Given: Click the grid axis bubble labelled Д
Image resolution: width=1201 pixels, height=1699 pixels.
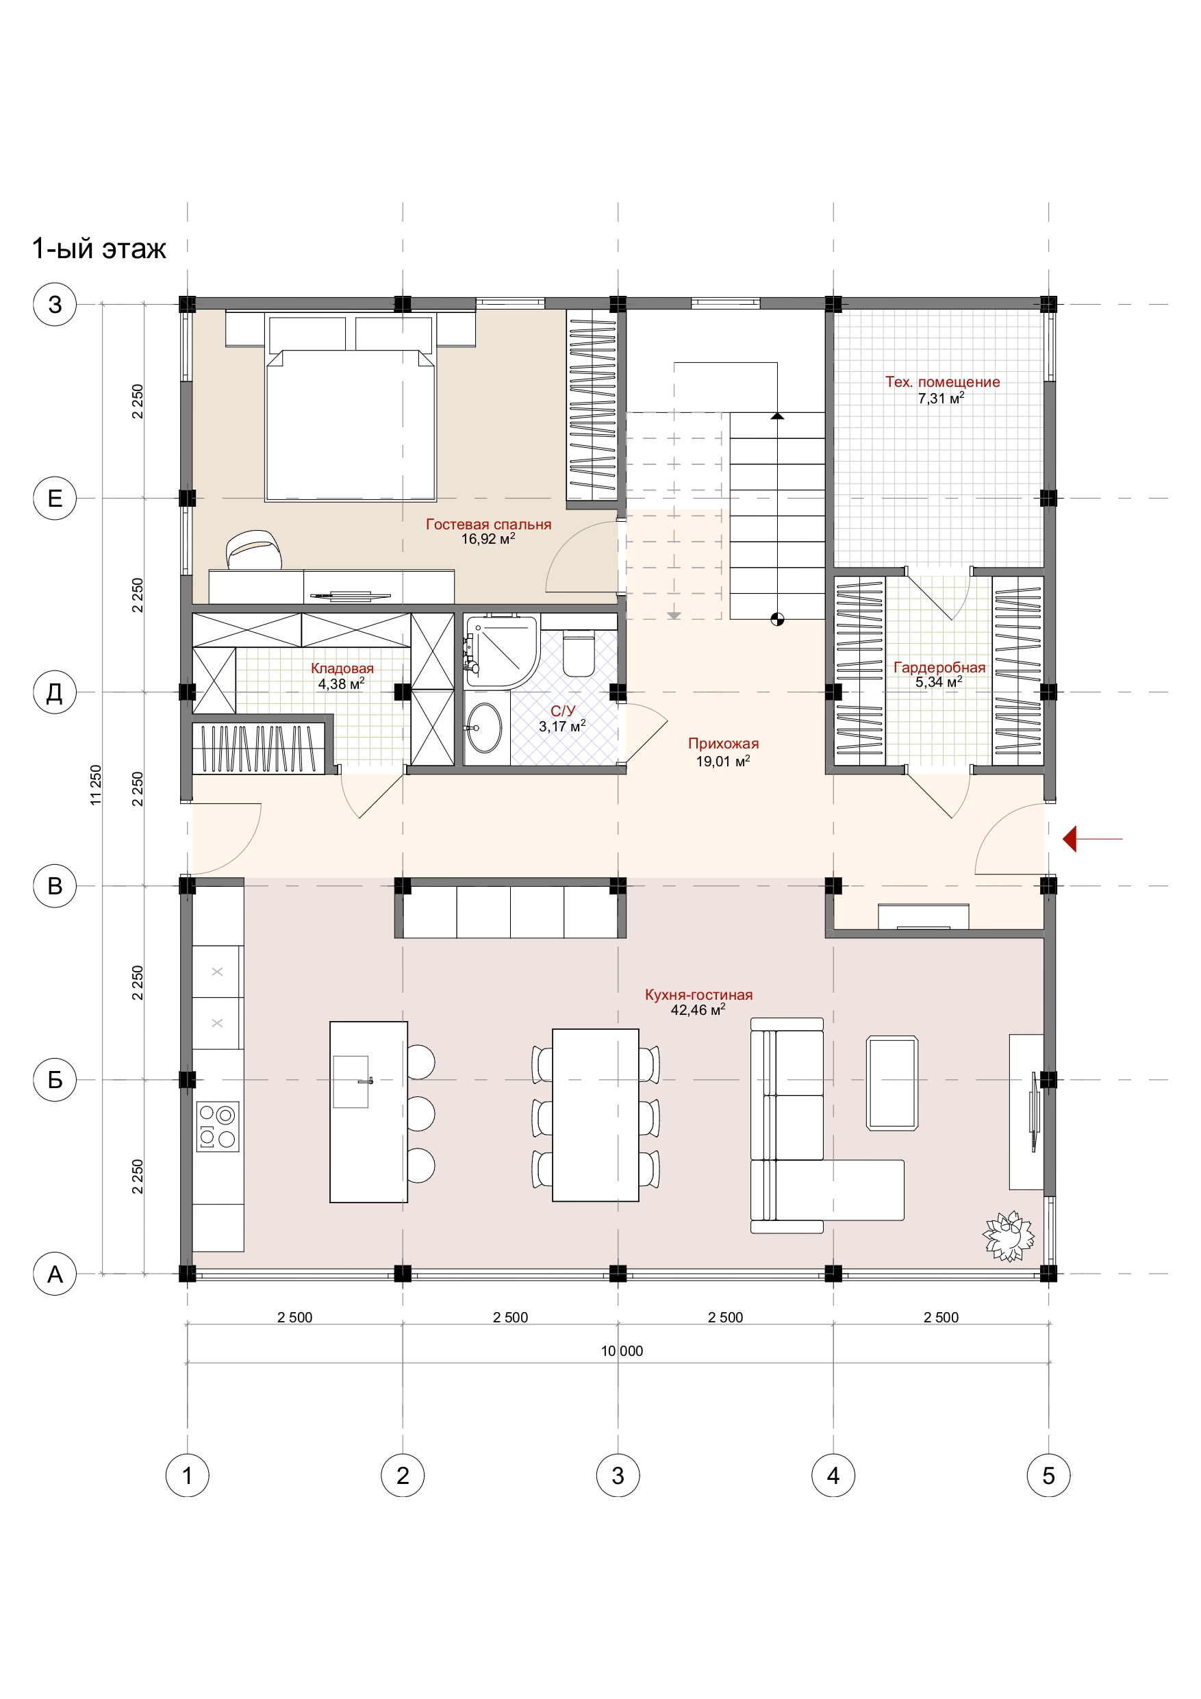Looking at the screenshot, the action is (x=55, y=692).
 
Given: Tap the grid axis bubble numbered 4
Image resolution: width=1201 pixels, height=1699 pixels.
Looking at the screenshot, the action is (x=833, y=1476).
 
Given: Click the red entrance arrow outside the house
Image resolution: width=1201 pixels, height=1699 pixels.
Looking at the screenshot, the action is (x=1092, y=839).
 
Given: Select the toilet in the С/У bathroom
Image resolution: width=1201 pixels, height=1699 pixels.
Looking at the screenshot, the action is (x=579, y=653).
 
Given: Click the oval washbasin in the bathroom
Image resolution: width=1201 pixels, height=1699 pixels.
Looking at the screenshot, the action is (x=484, y=728).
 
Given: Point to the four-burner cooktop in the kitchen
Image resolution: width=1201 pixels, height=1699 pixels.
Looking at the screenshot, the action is (x=218, y=1127).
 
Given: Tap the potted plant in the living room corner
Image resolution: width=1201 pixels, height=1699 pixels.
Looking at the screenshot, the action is (x=1008, y=1236).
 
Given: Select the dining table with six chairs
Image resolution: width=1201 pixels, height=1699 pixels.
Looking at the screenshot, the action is (x=596, y=1115).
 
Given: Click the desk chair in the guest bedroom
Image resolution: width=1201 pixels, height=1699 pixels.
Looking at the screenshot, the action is (x=254, y=551).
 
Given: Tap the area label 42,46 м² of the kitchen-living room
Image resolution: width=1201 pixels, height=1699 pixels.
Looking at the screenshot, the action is (x=698, y=1009).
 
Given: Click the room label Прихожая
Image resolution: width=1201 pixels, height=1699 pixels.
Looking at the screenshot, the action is (x=723, y=744).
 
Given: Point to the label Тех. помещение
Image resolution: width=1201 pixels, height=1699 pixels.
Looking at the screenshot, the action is (x=942, y=382).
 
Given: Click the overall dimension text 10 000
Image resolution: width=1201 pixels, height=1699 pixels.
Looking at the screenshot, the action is (x=622, y=1350).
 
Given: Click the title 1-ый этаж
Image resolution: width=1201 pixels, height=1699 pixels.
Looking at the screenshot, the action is (x=99, y=249).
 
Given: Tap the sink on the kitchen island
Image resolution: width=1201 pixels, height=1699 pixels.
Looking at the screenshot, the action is (x=351, y=1081).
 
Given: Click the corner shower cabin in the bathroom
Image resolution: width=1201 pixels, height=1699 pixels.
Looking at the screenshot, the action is (x=501, y=651).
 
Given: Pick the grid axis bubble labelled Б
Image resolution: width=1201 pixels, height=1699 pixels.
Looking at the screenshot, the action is (x=55, y=1080).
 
